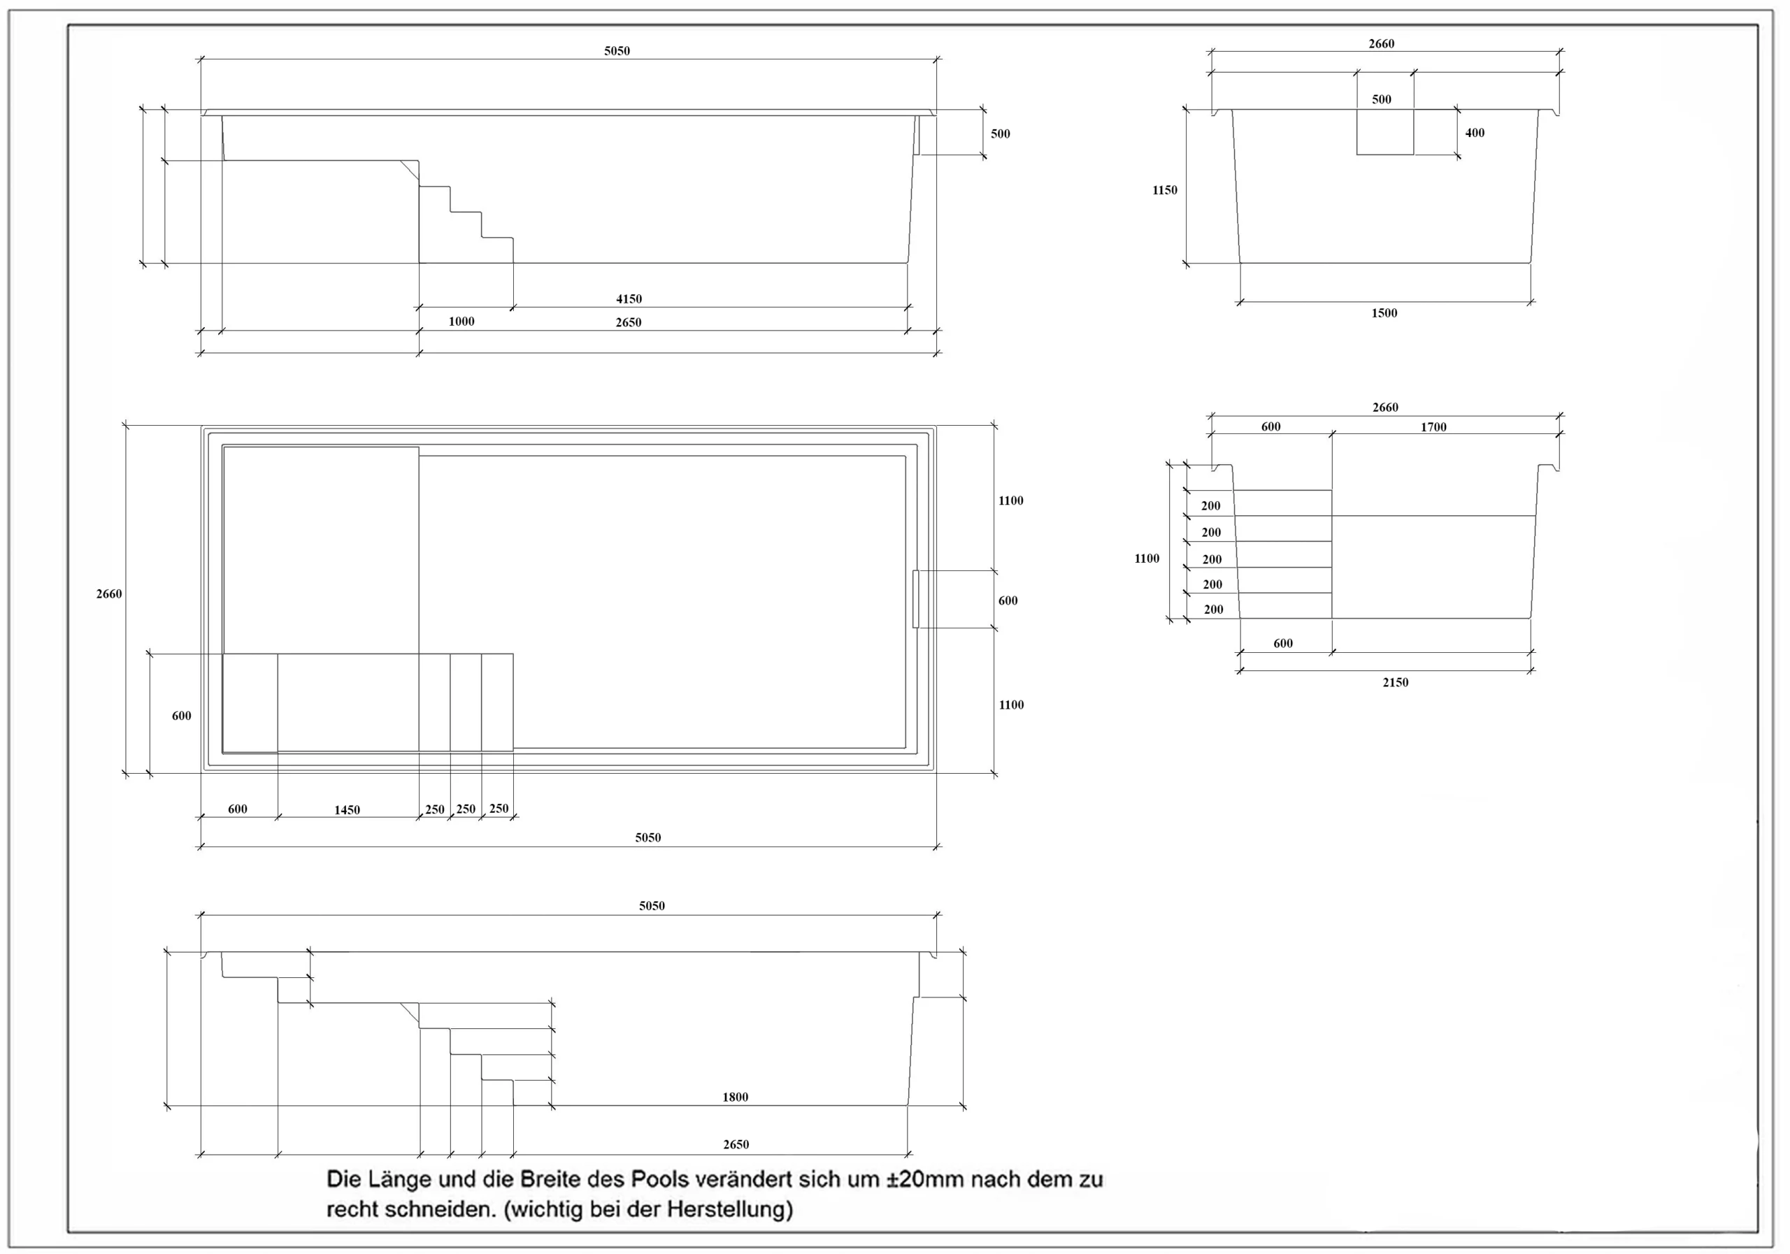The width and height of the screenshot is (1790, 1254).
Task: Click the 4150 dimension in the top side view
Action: tap(629, 298)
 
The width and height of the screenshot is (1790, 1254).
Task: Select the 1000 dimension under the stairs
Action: tap(461, 321)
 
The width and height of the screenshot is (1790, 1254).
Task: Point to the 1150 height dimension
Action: tap(1165, 189)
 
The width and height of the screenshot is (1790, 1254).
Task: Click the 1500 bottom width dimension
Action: tap(1384, 312)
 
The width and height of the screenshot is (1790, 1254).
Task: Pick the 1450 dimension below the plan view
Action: tap(347, 809)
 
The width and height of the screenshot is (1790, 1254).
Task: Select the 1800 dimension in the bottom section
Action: tap(735, 1097)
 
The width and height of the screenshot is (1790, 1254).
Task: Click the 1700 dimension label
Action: tap(1433, 427)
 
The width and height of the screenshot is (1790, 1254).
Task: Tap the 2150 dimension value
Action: tap(1396, 682)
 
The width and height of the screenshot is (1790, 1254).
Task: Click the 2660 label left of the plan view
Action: tap(109, 594)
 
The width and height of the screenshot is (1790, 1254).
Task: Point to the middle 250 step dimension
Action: tap(466, 809)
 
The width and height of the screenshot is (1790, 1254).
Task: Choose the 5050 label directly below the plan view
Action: tap(648, 838)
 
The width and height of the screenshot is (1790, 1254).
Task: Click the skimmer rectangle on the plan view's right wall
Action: tap(916, 598)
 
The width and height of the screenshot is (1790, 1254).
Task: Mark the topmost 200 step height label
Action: tap(1211, 506)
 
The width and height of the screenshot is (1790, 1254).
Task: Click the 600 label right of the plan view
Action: tap(1008, 600)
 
